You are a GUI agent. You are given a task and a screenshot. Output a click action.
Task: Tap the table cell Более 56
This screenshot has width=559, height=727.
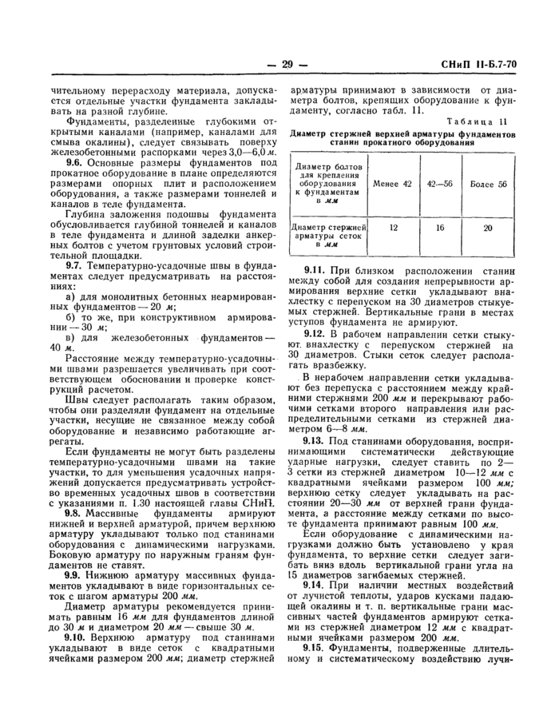(490, 184)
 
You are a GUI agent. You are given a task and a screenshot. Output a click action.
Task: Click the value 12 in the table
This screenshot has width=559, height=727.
(392, 228)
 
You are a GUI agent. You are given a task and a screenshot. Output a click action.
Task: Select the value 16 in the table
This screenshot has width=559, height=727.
(440, 228)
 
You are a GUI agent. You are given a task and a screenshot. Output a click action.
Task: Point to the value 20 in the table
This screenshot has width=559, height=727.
(490, 228)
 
